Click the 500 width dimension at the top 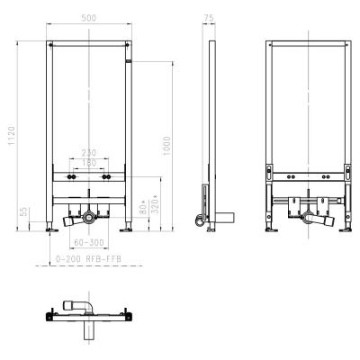coord(89,19)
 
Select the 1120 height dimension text coord(12,135)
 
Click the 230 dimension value coord(89,152)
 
